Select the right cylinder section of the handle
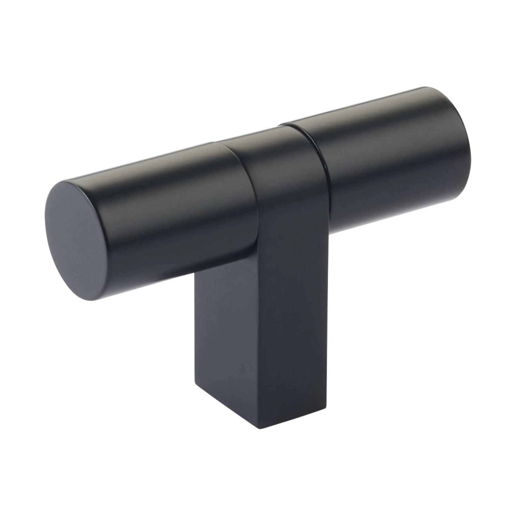[395, 166]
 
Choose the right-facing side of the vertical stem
[294, 334]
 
